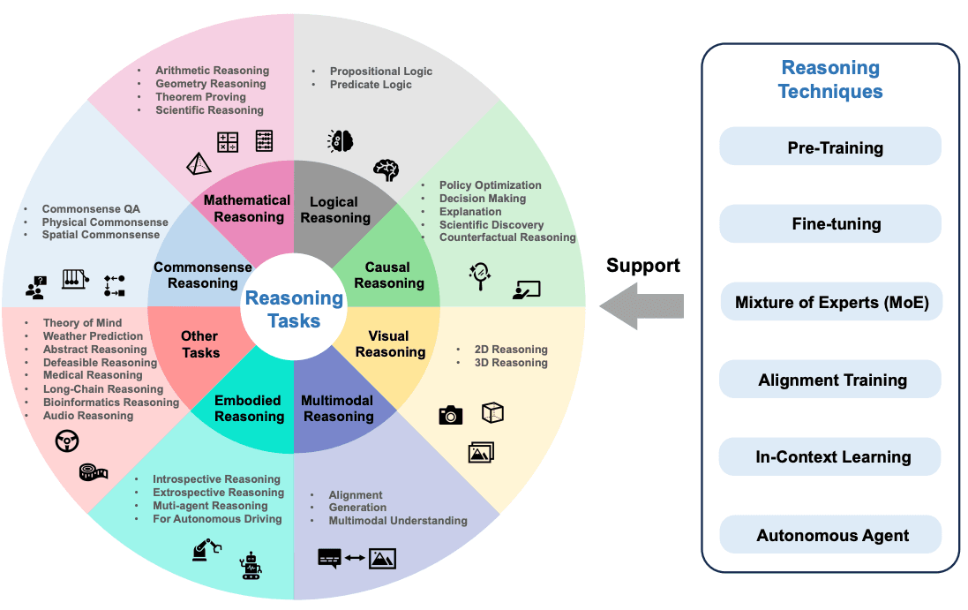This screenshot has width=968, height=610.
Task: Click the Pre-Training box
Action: tap(830, 147)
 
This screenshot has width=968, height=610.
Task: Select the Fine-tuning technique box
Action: tap(830, 224)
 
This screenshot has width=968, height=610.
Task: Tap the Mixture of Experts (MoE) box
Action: tap(830, 303)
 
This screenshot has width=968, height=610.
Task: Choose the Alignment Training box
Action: tap(830, 380)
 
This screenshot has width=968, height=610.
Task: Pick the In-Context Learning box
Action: tap(830, 457)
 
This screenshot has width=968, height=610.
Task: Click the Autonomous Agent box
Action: tap(830, 536)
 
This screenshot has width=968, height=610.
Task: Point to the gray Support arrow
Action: tap(642, 305)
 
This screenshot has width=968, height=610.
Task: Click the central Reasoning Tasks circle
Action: tap(294, 308)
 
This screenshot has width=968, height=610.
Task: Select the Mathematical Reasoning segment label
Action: tap(247, 208)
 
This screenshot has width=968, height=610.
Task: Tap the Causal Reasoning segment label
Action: tap(388, 275)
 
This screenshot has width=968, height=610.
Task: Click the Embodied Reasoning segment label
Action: tap(249, 408)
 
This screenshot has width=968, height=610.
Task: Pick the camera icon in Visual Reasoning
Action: tap(451, 415)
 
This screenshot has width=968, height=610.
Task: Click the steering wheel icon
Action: tap(67, 441)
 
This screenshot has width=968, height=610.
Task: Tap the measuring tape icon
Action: tap(94, 471)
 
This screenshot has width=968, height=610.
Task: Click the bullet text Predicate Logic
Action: tap(371, 85)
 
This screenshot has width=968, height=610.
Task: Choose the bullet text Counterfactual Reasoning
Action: tap(507, 237)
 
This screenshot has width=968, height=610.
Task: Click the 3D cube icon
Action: tap(492, 412)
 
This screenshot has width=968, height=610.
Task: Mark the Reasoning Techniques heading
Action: tap(829, 79)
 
